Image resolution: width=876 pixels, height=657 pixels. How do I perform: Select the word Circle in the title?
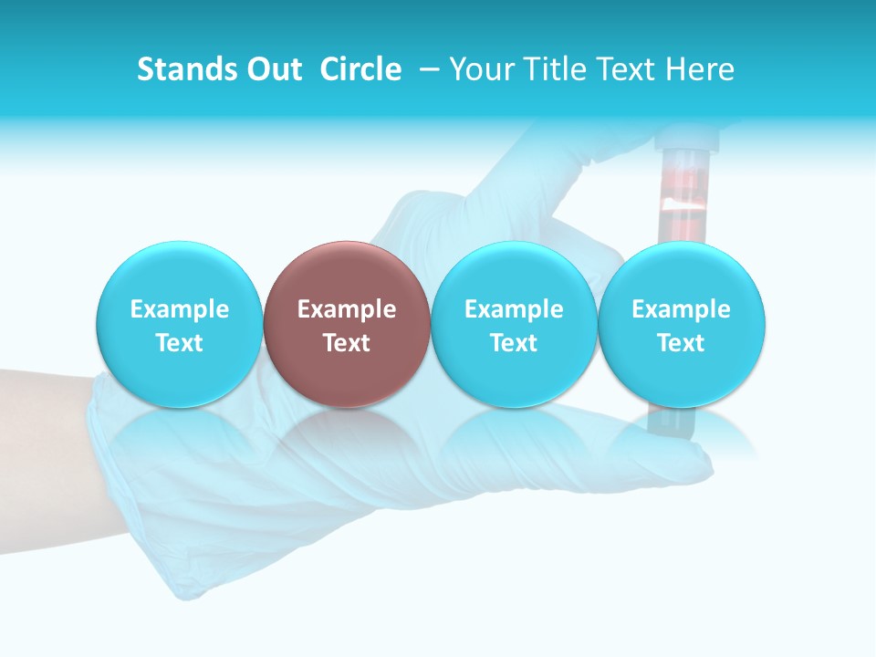360,69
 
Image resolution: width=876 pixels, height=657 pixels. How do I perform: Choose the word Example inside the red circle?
347,309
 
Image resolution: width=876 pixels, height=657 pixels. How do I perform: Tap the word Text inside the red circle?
347,343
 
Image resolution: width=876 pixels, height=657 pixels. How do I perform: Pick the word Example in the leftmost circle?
179,309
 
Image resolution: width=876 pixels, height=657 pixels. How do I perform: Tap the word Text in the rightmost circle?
681,343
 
